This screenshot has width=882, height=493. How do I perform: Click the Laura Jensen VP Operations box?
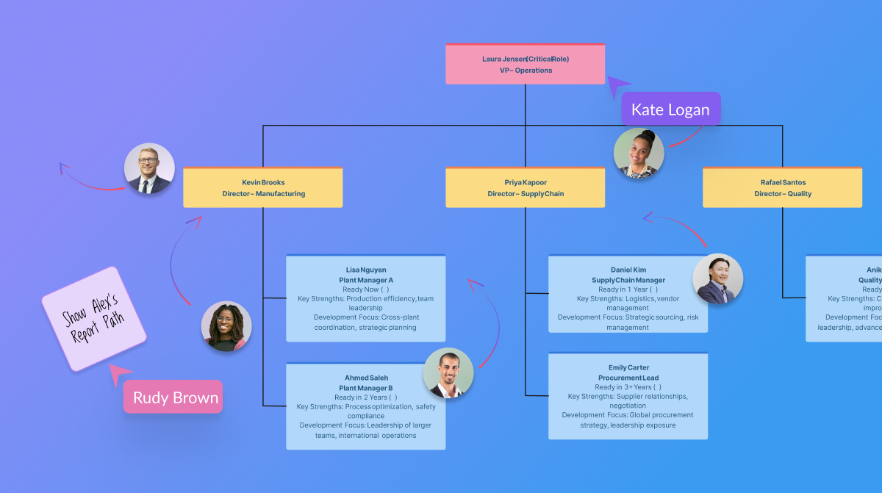tap(525, 64)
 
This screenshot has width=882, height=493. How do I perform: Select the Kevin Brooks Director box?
tap(263, 188)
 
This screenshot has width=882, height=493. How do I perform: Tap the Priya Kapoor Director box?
tap(525, 188)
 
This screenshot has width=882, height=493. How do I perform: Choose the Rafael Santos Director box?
tap(782, 188)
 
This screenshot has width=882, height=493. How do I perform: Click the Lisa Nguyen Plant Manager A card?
tap(365, 298)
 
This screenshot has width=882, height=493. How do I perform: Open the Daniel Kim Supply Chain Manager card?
tap(617, 298)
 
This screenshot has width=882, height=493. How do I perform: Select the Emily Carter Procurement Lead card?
tap(628, 396)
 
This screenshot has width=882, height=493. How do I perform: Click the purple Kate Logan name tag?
tap(670, 110)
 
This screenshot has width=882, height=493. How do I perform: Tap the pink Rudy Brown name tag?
tap(176, 398)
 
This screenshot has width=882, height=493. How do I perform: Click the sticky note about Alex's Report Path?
tap(93, 319)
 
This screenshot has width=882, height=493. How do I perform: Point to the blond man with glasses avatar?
tap(149, 168)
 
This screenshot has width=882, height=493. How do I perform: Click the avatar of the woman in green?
tap(226, 326)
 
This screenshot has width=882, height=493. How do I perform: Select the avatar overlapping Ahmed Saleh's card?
tap(448, 373)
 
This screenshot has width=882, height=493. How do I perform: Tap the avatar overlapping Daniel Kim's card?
tap(717, 279)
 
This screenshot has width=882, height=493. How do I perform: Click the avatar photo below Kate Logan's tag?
tap(639, 154)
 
